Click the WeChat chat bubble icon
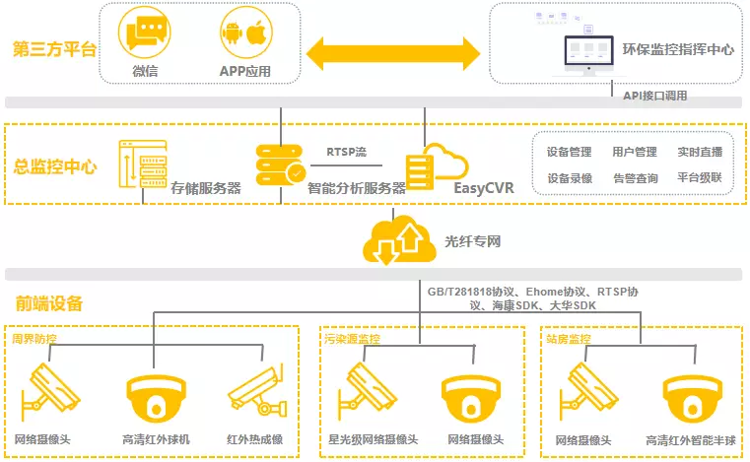coord(144,36)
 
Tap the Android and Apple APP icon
coord(243,36)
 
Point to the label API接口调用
coord(654,96)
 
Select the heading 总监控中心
coord(54,166)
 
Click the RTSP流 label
coord(346,152)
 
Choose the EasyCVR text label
coord(484,187)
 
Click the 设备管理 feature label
coord(569,152)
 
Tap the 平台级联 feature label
coord(700,178)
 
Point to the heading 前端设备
coord(48,303)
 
